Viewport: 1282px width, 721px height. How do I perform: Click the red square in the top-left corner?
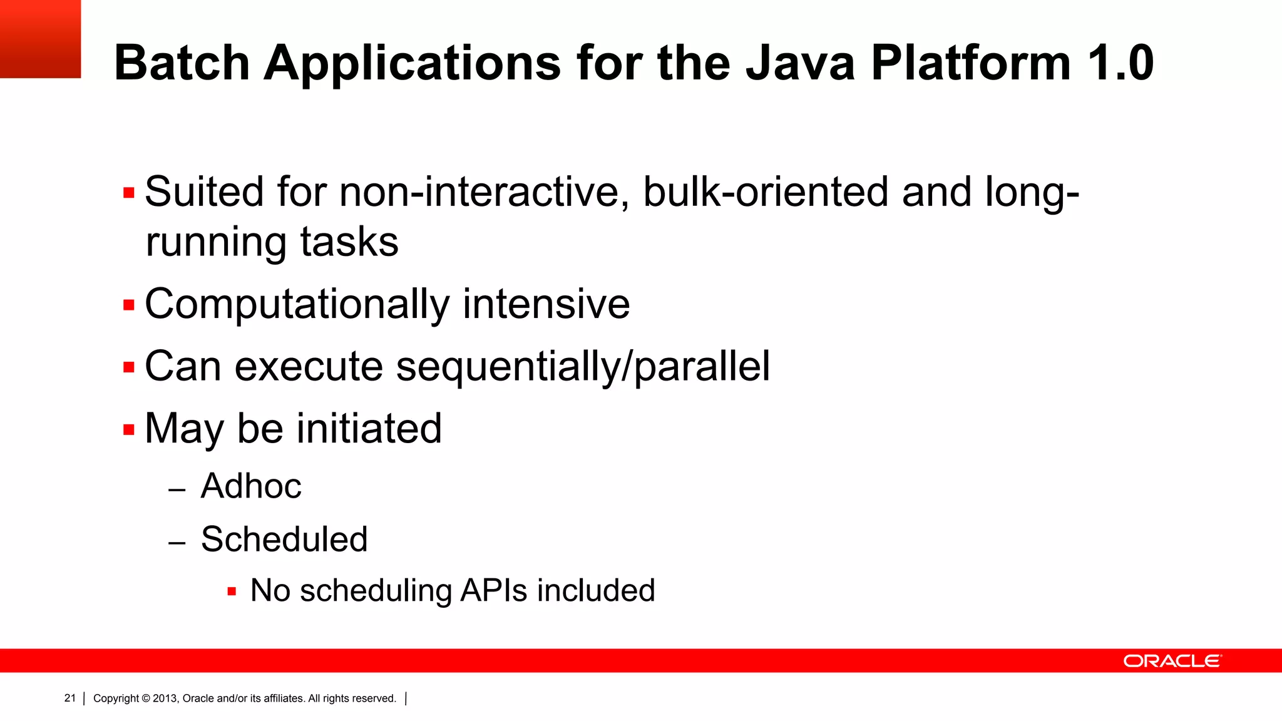(40, 39)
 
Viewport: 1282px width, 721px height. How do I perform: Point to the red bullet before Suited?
(129, 193)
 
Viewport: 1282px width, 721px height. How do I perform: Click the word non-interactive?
(484, 192)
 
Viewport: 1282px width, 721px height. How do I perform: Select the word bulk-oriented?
(766, 192)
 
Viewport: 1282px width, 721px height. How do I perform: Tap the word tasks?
(349, 242)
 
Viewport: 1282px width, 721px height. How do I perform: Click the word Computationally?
(297, 305)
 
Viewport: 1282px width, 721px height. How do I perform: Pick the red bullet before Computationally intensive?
(129, 305)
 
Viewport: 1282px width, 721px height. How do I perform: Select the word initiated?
(369, 429)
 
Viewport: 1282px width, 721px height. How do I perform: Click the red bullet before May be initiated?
(129, 430)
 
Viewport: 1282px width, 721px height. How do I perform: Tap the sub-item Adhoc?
(250, 486)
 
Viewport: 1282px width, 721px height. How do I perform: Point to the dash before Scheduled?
(177, 543)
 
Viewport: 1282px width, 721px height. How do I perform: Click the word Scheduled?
(284, 539)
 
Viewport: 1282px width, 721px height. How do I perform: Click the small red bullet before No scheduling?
(232, 591)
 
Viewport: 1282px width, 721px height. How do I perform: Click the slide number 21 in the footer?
(69, 698)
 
